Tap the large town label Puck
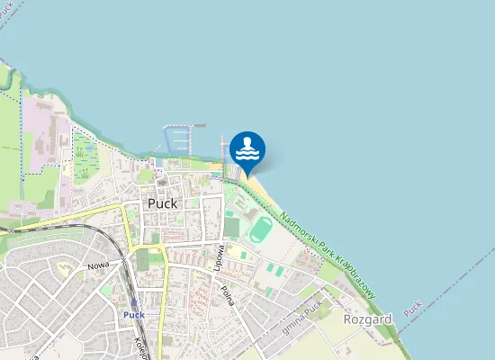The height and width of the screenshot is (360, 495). pyautogui.click(x=162, y=203)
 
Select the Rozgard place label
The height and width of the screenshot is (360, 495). pyautogui.click(x=367, y=319)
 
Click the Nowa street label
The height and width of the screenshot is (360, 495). pyautogui.click(x=97, y=267)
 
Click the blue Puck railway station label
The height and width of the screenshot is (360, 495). pyautogui.click(x=134, y=315)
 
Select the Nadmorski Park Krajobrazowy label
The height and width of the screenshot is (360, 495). pyautogui.click(x=327, y=256)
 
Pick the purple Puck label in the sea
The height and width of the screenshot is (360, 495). pyautogui.click(x=413, y=309)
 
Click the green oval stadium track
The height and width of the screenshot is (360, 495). pyautogui.click(x=260, y=229)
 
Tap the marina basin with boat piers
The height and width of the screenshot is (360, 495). pyautogui.click(x=178, y=139)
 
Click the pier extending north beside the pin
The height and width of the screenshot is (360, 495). pyautogui.click(x=221, y=144)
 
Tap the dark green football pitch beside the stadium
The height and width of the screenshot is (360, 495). pyautogui.click(x=232, y=227)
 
